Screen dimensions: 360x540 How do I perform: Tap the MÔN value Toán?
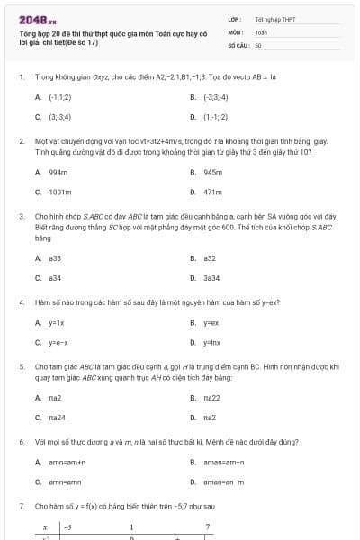tap(261, 31)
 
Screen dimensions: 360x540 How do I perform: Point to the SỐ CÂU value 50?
tap(258, 44)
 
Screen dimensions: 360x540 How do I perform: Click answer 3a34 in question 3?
tap(211, 278)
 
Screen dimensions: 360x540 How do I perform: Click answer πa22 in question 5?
tap(211, 397)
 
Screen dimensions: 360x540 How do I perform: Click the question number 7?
tap(21, 507)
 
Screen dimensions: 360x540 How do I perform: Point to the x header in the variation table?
tap(44, 526)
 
